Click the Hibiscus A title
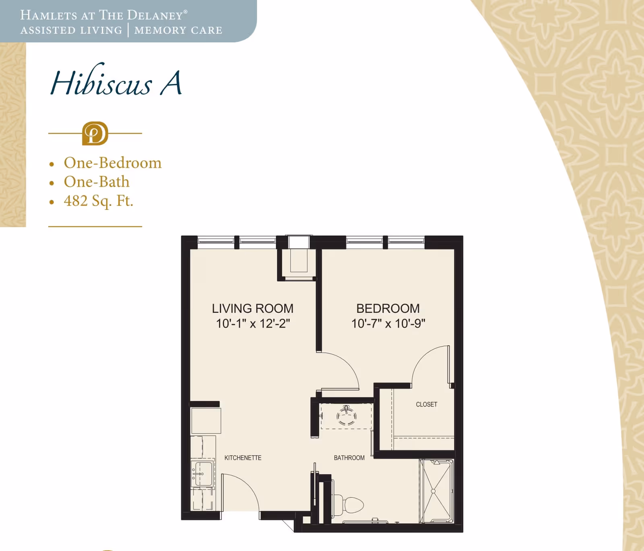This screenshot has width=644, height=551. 116,83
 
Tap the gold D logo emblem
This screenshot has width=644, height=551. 95,134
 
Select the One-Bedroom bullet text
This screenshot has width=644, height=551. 112,163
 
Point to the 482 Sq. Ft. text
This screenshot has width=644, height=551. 98,201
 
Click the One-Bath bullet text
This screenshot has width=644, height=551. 97,182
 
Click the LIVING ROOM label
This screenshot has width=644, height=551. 252,308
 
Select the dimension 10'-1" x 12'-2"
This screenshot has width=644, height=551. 252,323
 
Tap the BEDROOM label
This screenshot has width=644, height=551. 388,308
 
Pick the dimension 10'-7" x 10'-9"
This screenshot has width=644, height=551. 388,323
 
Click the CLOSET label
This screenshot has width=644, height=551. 426,404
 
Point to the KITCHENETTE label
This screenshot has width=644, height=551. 243,458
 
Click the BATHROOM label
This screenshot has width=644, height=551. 349,458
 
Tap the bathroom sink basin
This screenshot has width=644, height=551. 346,416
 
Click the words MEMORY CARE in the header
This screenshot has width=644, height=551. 178,30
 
